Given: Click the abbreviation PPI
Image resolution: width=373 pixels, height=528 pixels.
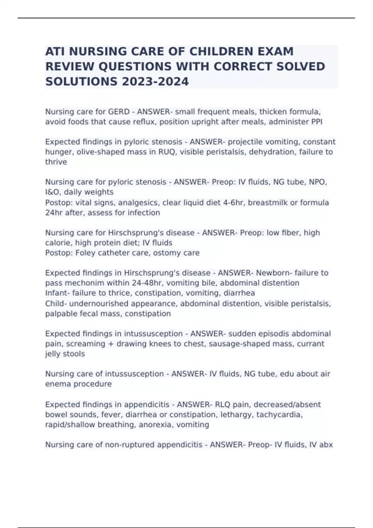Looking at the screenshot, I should click(317, 122).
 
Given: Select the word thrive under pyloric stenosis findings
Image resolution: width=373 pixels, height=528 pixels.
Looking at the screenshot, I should click(56, 162).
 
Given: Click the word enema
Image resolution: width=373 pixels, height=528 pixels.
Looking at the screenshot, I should click(58, 384).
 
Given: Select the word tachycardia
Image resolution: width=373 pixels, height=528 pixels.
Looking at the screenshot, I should click(279, 415).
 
